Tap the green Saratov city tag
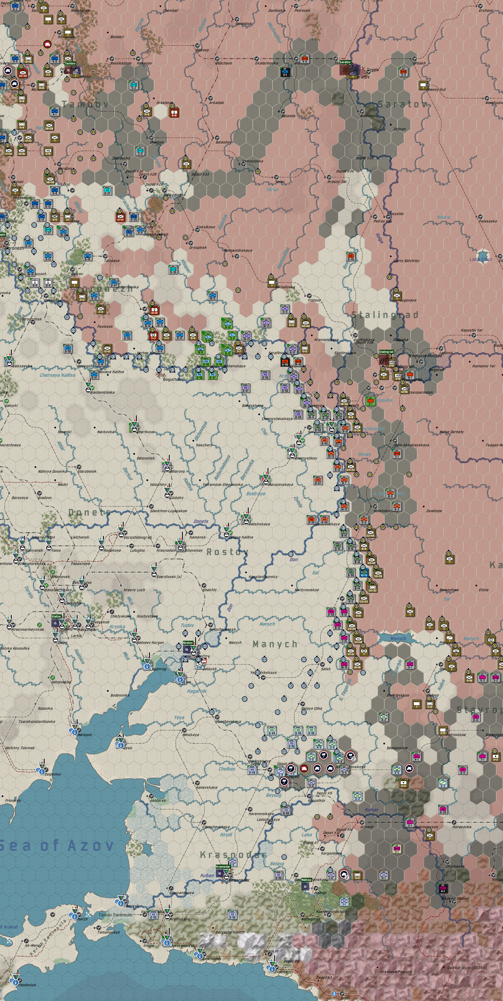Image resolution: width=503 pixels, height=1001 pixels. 345,62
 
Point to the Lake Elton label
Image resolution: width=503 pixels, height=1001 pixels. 480,259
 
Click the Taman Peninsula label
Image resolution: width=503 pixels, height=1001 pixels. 115,915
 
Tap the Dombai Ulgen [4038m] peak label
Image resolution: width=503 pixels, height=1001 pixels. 466,968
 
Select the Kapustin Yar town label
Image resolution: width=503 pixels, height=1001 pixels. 471,330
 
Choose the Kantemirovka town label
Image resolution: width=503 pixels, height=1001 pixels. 103,392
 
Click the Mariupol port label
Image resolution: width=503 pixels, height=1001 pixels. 85,735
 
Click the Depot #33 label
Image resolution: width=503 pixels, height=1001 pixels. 200,174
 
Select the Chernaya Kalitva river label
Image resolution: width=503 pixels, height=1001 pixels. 57,375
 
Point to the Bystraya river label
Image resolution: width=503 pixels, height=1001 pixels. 256,494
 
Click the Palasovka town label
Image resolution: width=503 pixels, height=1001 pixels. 487,221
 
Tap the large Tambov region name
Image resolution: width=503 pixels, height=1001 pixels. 85,104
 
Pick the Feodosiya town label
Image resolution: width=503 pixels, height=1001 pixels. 27,985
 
